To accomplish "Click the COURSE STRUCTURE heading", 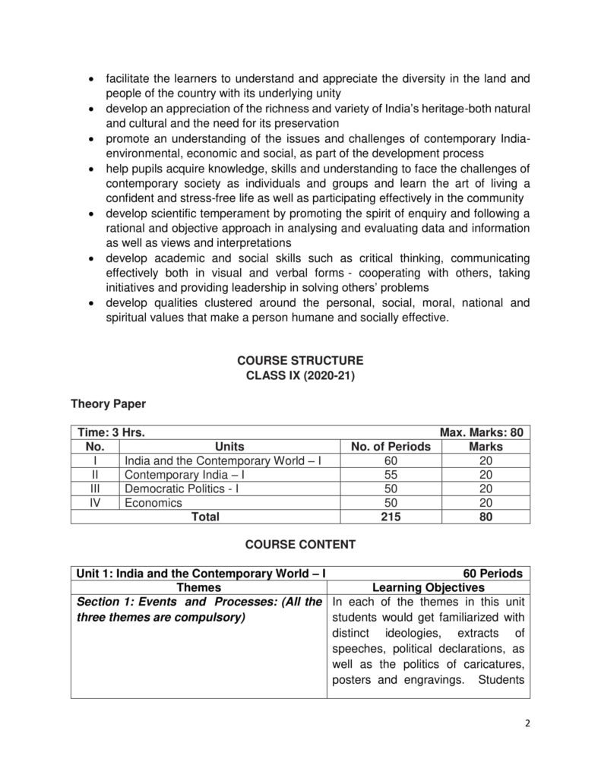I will (x=300, y=360).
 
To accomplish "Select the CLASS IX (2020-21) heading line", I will (x=300, y=375).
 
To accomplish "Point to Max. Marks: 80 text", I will (x=481, y=433).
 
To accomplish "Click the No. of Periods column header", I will (x=390, y=447).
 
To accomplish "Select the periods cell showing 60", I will (x=390, y=461).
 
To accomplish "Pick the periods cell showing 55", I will (x=390, y=475).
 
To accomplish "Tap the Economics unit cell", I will (x=153, y=502).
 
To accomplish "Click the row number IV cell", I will (x=95, y=502).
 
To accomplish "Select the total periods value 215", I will (x=390, y=517).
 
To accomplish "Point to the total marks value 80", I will (x=486, y=517).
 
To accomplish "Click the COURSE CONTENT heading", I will (x=300, y=545).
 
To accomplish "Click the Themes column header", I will (x=198, y=587).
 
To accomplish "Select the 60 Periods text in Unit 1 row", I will (x=492, y=574).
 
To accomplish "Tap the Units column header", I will (x=229, y=447).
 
